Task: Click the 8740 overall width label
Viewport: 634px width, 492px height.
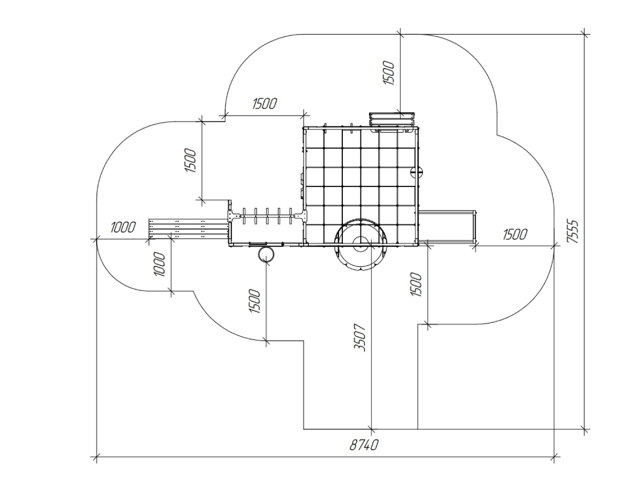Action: [364, 445]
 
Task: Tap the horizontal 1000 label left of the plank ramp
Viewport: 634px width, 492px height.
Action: [123, 227]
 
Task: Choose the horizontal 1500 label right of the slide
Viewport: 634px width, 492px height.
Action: [515, 234]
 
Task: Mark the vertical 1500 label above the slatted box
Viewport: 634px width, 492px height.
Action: [389, 73]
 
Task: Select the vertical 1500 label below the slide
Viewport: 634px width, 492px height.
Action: [416, 284]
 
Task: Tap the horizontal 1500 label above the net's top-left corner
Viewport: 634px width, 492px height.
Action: [265, 104]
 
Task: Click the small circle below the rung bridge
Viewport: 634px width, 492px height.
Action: [267, 254]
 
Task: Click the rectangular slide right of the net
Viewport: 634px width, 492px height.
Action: [447, 226]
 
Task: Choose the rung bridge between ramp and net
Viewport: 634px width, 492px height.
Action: [267, 216]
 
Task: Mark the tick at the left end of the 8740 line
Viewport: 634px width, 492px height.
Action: [97, 458]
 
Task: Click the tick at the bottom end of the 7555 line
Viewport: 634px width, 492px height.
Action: [585, 430]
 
